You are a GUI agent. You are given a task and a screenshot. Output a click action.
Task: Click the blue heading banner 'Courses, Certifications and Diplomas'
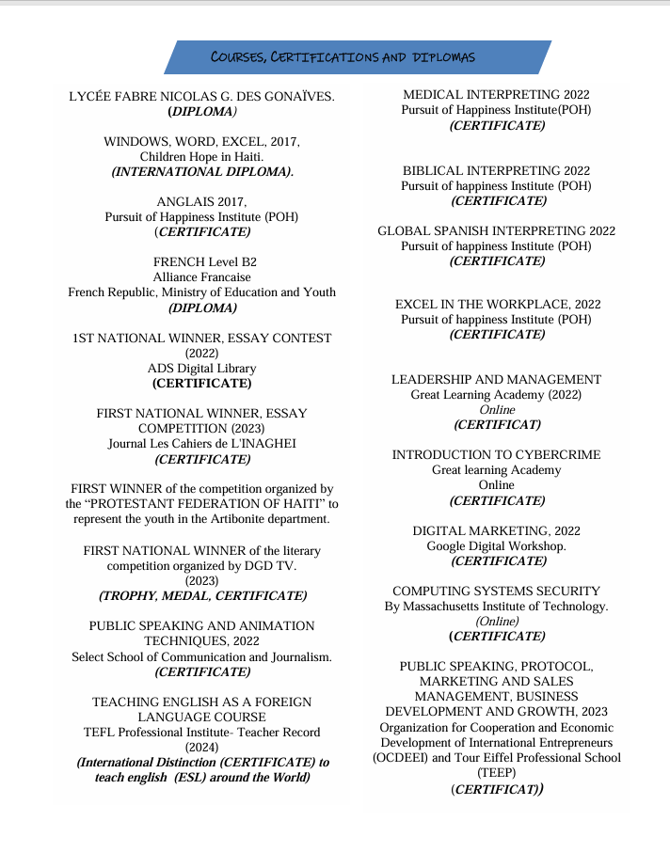pos(358,57)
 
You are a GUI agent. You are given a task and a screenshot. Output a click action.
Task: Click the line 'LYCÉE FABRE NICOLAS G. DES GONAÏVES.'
pos(202,97)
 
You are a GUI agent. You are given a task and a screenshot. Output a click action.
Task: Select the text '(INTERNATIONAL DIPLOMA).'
pos(202,171)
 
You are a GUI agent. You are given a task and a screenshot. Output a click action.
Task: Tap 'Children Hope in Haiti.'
pos(202,156)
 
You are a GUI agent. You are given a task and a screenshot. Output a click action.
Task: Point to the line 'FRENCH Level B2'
pos(202,262)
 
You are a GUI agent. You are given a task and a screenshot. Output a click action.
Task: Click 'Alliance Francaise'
pos(202,277)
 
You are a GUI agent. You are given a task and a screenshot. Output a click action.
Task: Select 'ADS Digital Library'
pos(201,369)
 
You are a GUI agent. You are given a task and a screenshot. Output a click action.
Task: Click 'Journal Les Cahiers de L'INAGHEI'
pos(202,444)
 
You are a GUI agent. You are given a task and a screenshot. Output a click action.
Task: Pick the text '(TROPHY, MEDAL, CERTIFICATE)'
pos(202,595)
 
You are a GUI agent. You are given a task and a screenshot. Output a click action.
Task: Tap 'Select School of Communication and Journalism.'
pos(202,656)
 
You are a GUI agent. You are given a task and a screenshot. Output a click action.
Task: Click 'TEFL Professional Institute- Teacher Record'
pos(202,732)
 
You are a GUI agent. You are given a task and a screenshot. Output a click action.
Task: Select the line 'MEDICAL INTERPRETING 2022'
pos(496,95)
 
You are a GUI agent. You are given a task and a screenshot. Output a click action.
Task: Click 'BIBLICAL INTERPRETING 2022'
pos(496,170)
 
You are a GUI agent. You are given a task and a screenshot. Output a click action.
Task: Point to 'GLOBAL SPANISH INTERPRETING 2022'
pos(496,230)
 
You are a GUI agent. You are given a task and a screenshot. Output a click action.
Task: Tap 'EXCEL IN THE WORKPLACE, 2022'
pos(497,304)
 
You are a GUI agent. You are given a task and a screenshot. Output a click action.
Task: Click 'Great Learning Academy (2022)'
pos(496,394)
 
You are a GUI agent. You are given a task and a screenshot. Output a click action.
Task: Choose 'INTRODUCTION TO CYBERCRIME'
pos(496,454)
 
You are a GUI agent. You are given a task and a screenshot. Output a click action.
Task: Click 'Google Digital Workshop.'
pos(496,545)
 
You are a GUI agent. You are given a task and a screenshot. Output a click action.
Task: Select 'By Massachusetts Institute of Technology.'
pos(496,607)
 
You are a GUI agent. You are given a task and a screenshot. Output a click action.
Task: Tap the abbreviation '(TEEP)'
pos(496,772)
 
